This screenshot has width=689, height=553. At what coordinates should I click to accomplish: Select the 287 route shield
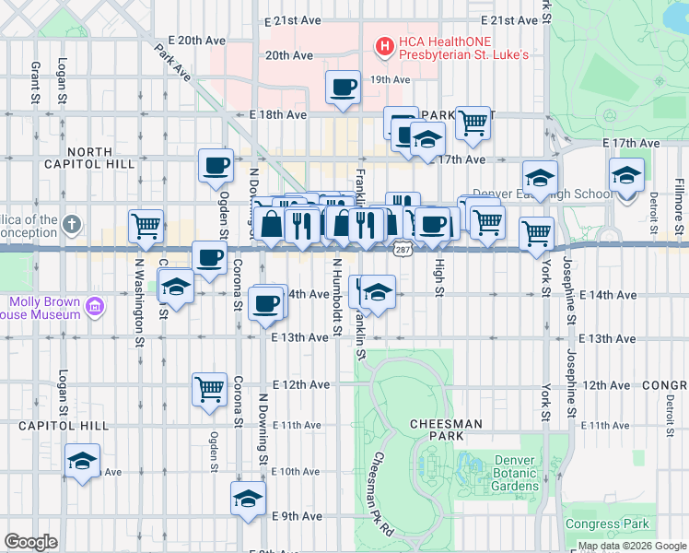[402, 249]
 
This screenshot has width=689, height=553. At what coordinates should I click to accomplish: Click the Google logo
[30, 542]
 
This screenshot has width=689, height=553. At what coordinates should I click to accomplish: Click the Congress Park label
[606, 524]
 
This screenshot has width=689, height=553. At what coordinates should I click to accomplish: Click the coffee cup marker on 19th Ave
[344, 89]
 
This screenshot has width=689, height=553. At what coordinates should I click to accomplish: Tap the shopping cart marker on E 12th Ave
[209, 388]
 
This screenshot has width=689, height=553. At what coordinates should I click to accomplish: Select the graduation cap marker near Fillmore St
[626, 175]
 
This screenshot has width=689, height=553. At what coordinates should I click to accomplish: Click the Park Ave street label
[172, 62]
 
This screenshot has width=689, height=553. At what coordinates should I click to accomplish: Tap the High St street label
[439, 277]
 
